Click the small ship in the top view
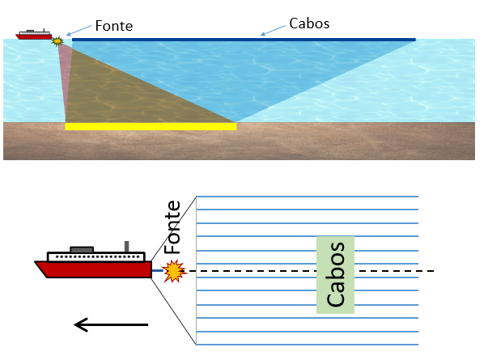pos(33,35)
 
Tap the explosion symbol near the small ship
pos(57,39)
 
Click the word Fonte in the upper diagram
pos(113,26)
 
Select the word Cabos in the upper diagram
pos(309,23)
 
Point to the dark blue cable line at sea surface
pos(243,39)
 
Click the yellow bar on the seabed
pos(151,126)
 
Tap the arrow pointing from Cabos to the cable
pos(274,32)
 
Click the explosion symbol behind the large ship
pos(173,271)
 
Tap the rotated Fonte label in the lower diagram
pos(172,227)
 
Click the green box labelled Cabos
pos(335,275)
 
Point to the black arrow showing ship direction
pos(111,325)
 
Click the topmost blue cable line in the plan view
pos(308,197)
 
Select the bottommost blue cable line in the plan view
pos(308,343)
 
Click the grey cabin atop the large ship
pos(82,249)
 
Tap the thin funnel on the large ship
pos(125,247)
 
